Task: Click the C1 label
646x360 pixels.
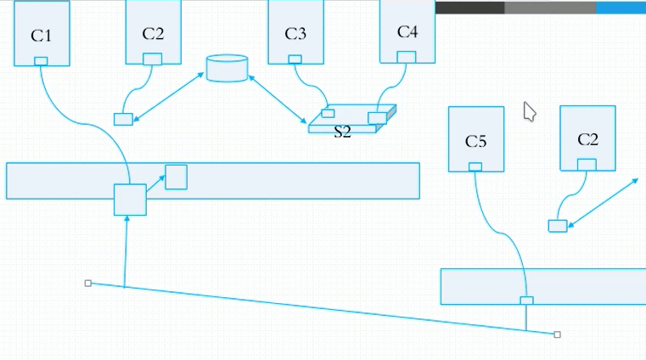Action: [41, 36]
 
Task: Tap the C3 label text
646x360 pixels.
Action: [295, 35]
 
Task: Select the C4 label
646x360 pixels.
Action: [407, 32]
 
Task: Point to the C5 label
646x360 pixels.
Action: [476, 141]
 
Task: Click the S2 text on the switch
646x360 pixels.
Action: [342, 132]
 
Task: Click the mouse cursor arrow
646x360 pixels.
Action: [529, 111]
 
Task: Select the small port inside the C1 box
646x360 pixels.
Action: [41, 60]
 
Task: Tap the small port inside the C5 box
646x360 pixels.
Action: [475, 166]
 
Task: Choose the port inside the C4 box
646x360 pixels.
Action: [407, 57]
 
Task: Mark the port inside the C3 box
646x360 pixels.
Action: [295, 59]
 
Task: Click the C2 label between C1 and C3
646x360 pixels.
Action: [154, 34]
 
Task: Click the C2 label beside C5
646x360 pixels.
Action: [587, 139]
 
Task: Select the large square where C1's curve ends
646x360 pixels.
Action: [130, 200]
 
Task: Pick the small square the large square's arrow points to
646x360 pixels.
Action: [177, 177]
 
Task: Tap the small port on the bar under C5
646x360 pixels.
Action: [526, 300]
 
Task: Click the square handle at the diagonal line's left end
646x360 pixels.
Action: [88, 283]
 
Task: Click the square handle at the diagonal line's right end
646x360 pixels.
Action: [557, 335]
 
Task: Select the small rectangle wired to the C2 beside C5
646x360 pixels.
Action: [558, 225]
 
